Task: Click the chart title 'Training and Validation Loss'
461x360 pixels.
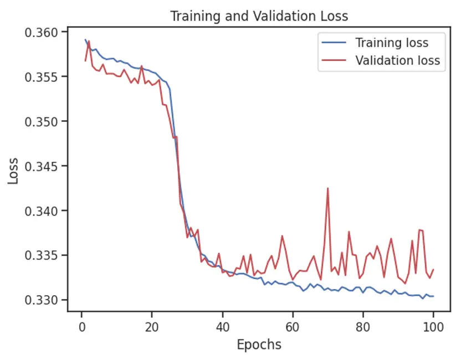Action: pos(259,16)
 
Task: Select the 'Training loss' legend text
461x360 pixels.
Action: pos(392,43)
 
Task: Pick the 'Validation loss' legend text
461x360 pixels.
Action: pos(397,60)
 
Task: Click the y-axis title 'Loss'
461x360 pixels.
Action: pos(13,171)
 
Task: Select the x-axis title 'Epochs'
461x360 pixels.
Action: pos(259,344)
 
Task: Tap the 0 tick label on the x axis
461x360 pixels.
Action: pos(82,326)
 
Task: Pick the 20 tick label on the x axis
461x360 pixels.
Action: pos(152,326)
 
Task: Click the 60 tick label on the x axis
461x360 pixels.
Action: pos(293,326)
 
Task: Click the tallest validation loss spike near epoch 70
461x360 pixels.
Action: pos(327,188)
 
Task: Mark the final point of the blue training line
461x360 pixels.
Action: pos(433,296)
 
